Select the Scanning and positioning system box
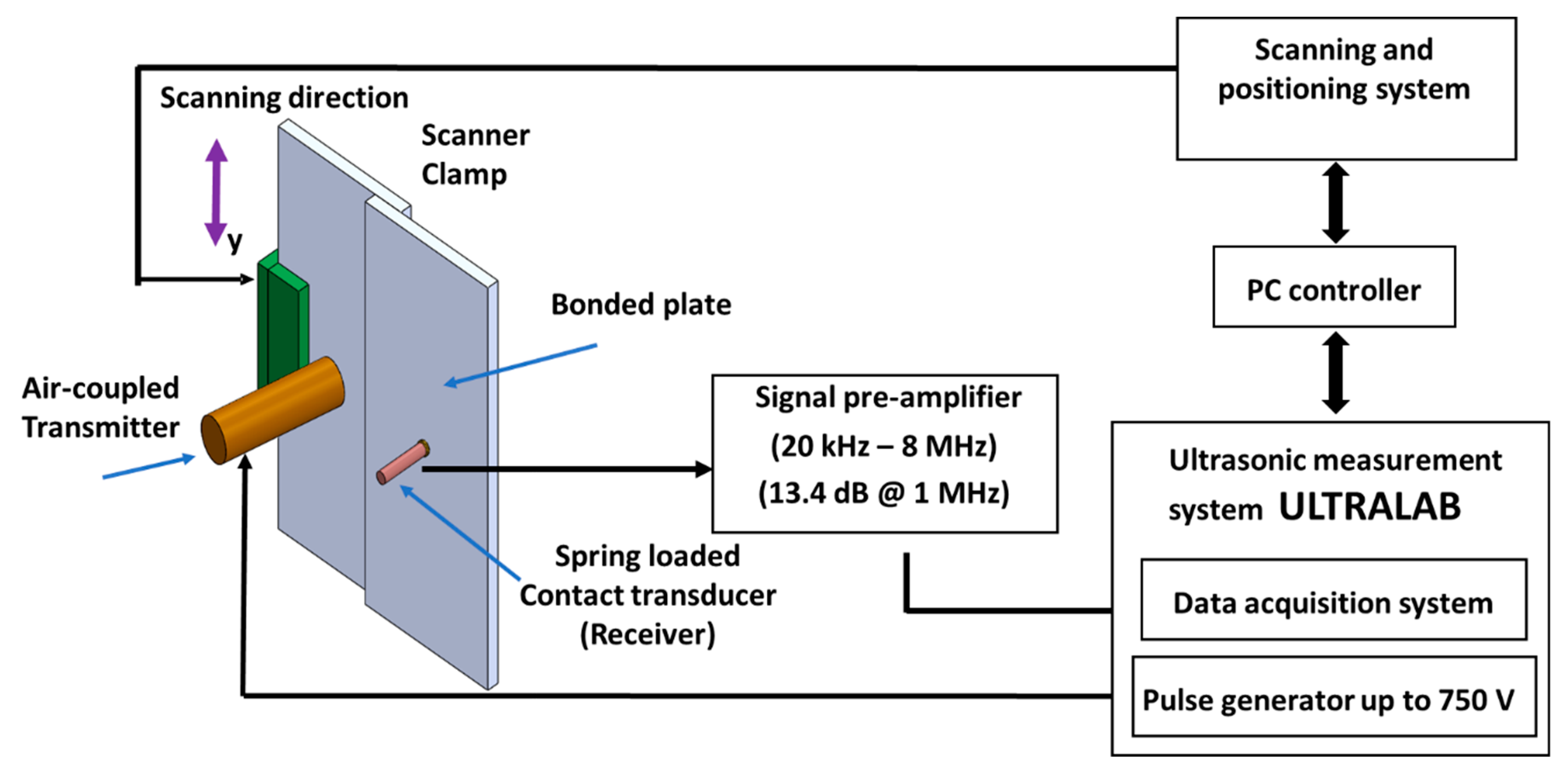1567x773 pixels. tap(1346, 88)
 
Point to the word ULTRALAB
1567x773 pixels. tap(1369, 507)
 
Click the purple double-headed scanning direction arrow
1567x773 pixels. tap(216, 192)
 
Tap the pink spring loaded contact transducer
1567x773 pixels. tap(402, 463)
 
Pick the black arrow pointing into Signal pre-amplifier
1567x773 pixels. tap(566, 469)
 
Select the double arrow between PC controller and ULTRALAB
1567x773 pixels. tap(1336, 372)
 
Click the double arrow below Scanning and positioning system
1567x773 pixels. tap(1336, 203)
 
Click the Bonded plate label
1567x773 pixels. tap(640, 304)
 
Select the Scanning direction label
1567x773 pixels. tap(284, 98)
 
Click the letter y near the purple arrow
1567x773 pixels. tap(235, 242)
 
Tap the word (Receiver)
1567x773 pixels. tap(647, 634)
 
